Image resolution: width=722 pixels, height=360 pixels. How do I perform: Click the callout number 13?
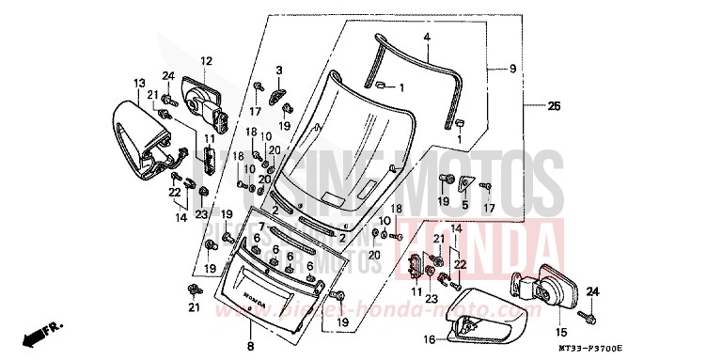[138, 84]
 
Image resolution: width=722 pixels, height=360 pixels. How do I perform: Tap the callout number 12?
[206, 62]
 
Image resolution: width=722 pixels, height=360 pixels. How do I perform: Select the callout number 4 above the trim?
[426, 39]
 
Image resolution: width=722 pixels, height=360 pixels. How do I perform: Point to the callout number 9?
[512, 69]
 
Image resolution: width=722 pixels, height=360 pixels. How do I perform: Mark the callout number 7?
[262, 227]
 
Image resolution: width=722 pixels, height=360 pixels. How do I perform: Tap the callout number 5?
[463, 203]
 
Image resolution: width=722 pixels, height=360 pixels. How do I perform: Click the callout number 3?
[279, 70]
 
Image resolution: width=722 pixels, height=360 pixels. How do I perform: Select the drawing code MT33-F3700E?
[668, 349]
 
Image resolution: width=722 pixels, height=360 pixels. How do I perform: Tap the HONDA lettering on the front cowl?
[254, 300]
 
